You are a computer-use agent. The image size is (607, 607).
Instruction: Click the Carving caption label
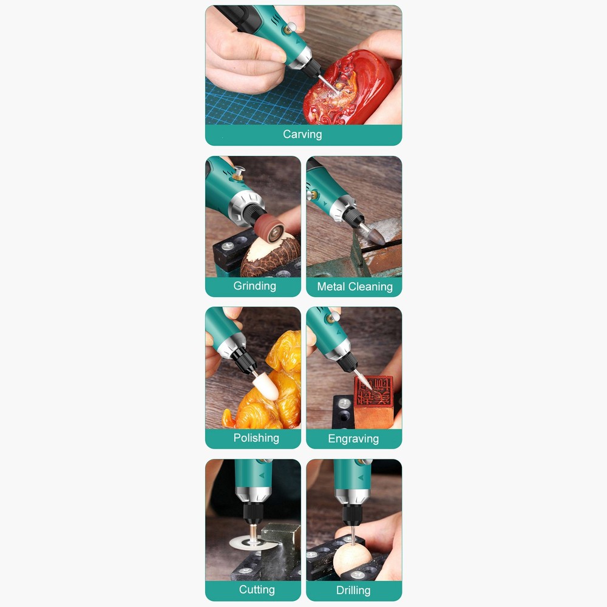point(302,134)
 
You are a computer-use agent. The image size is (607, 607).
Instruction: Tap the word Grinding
point(254,286)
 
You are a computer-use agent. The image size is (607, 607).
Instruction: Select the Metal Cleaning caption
point(354,287)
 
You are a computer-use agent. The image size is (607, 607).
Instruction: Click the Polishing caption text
point(256,438)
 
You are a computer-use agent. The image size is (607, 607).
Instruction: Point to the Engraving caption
point(353,438)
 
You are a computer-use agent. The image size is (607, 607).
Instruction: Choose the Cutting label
point(257,589)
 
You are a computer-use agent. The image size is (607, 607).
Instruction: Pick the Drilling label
point(353,589)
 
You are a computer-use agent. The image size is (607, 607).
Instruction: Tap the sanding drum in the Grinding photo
point(269,229)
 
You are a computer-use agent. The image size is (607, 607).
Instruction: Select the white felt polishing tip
point(265,387)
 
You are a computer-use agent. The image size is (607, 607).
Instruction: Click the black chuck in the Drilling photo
point(351,514)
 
